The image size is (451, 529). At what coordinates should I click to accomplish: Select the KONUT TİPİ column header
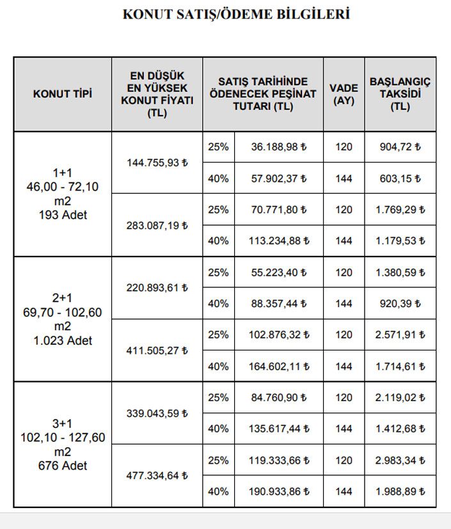(63, 94)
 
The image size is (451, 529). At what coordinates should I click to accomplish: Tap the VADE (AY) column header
(344, 94)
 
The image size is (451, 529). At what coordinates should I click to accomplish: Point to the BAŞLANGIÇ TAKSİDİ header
(400, 94)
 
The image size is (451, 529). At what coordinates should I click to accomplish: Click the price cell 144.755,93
(157, 162)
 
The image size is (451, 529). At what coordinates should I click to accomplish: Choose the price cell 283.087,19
(157, 225)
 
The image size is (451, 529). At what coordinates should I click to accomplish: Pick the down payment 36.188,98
(279, 147)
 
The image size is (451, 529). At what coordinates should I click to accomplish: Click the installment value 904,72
(400, 147)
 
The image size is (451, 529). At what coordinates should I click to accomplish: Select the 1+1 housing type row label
(62, 194)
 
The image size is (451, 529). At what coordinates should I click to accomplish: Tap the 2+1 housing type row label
(62, 319)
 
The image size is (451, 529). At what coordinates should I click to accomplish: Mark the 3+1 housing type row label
(62, 445)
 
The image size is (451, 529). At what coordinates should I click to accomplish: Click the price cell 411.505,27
(157, 351)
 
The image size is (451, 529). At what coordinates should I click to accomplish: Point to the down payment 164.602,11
(279, 367)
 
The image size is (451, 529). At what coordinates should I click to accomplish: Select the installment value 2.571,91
(400, 335)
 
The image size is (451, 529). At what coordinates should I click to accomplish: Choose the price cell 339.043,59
(157, 413)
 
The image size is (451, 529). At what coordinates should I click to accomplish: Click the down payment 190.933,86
(279, 492)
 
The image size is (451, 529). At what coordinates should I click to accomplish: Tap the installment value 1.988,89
(400, 492)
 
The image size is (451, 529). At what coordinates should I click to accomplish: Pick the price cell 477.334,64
(157, 476)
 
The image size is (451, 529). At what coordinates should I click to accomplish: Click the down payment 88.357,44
(279, 304)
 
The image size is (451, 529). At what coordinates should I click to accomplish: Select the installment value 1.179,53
(400, 241)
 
